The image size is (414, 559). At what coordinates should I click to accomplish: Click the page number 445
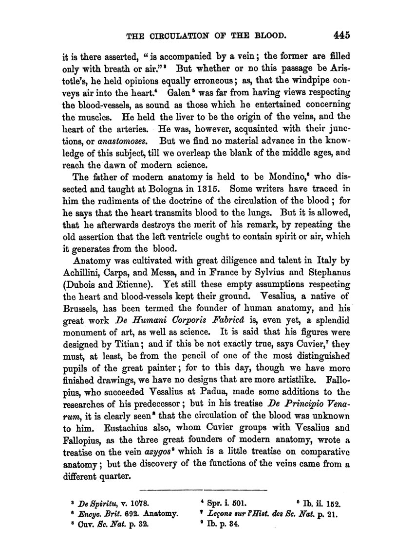339,35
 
